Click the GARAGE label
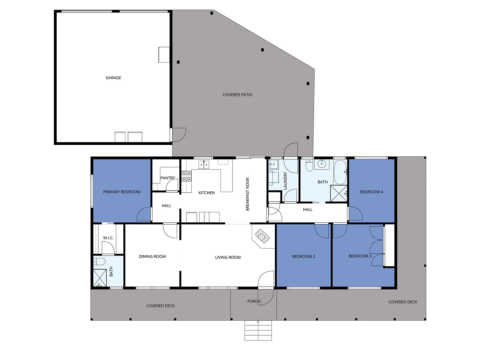(113, 78)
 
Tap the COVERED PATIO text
(237, 95)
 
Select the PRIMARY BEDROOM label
(122, 192)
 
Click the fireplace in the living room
(262, 237)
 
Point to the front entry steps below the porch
(258, 330)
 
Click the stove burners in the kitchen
(186, 176)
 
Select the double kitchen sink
(204, 164)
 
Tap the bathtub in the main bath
(340, 172)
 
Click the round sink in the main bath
(322, 164)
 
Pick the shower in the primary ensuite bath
(100, 277)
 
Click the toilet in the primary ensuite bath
(99, 261)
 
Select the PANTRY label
(167, 178)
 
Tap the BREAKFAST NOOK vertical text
(247, 194)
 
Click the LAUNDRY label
(285, 181)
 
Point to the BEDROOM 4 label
(371, 192)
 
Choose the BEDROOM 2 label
(303, 256)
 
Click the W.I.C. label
(108, 238)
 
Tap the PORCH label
(254, 301)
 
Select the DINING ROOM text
(152, 256)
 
